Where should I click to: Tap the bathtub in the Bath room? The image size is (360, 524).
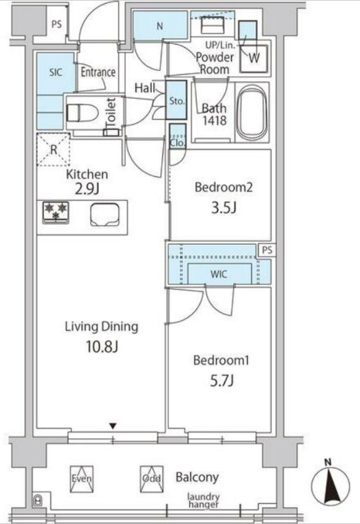point(252,113)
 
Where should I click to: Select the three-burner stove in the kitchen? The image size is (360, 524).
point(56,212)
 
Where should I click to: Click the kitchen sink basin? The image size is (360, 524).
point(105,215)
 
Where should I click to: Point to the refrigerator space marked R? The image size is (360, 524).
point(54,149)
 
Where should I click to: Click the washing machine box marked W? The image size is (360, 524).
point(254,58)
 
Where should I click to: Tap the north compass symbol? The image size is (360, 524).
point(331,483)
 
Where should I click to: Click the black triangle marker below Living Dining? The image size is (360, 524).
point(113,426)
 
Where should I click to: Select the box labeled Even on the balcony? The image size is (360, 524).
point(81,479)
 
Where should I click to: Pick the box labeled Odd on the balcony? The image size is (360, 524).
point(152,479)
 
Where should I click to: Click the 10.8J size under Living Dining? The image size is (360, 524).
point(102,347)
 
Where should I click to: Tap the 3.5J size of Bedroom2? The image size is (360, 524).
point(223,208)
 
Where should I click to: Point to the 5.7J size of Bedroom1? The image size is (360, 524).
point(221,381)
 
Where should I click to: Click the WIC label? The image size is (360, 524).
point(219,274)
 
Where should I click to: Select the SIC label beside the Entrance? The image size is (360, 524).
point(56,72)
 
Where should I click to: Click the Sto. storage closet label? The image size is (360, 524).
point(176,101)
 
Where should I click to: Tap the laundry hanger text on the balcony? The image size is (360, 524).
point(204,500)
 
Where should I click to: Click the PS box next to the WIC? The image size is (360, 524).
point(267,250)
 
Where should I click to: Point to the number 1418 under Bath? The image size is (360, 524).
point(215,121)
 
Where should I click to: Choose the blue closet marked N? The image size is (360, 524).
point(160,26)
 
